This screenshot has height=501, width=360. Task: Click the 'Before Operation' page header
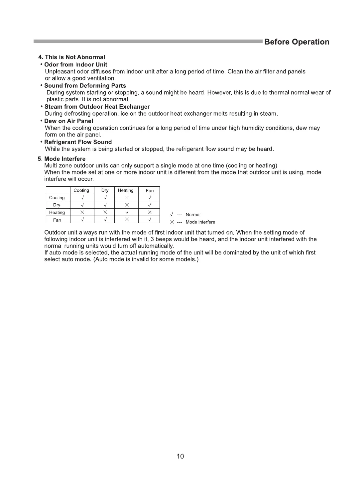click(x=297, y=42)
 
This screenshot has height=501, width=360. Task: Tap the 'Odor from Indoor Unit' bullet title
click(x=75, y=64)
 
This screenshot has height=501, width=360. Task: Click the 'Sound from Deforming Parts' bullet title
click(x=85, y=85)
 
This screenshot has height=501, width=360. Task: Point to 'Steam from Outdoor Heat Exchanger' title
click(x=97, y=107)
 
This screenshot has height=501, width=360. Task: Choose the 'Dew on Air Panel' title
click(x=68, y=121)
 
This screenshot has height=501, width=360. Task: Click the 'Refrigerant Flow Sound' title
click(x=78, y=142)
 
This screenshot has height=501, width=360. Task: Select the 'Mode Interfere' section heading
click(x=65, y=159)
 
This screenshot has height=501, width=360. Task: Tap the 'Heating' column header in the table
click(x=126, y=190)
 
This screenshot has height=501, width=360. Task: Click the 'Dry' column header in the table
click(x=105, y=190)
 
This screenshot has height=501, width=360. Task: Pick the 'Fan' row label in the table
click(x=57, y=220)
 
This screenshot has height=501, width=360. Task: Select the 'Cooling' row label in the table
click(x=57, y=198)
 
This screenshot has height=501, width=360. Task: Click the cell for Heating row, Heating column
click(x=127, y=212)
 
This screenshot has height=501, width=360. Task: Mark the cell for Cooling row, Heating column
click(x=127, y=198)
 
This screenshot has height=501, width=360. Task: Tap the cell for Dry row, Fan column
click(x=150, y=205)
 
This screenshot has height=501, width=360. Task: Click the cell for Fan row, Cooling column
click(x=82, y=220)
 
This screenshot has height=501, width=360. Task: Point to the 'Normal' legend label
click(x=193, y=215)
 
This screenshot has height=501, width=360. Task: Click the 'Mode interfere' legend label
click(x=200, y=222)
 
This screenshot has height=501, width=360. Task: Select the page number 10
click(x=180, y=456)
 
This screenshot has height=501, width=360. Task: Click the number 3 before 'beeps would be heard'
click(x=152, y=239)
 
